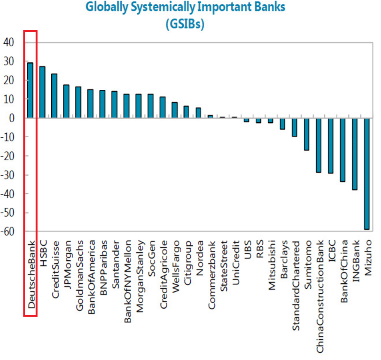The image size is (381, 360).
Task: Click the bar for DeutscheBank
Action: coord(30,90)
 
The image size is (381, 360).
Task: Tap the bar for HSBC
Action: coord(42,92)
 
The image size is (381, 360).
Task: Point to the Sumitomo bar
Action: coord(306,134)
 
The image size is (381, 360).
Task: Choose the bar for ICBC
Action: coord(330,145)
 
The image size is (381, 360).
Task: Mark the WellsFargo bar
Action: coord(174,110)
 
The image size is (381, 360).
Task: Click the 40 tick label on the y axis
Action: coord(8,42)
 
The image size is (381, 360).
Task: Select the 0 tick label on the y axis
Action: coord(11,118)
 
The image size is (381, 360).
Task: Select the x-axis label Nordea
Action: coord(199,255)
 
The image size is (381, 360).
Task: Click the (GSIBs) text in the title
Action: coord(185,24)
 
